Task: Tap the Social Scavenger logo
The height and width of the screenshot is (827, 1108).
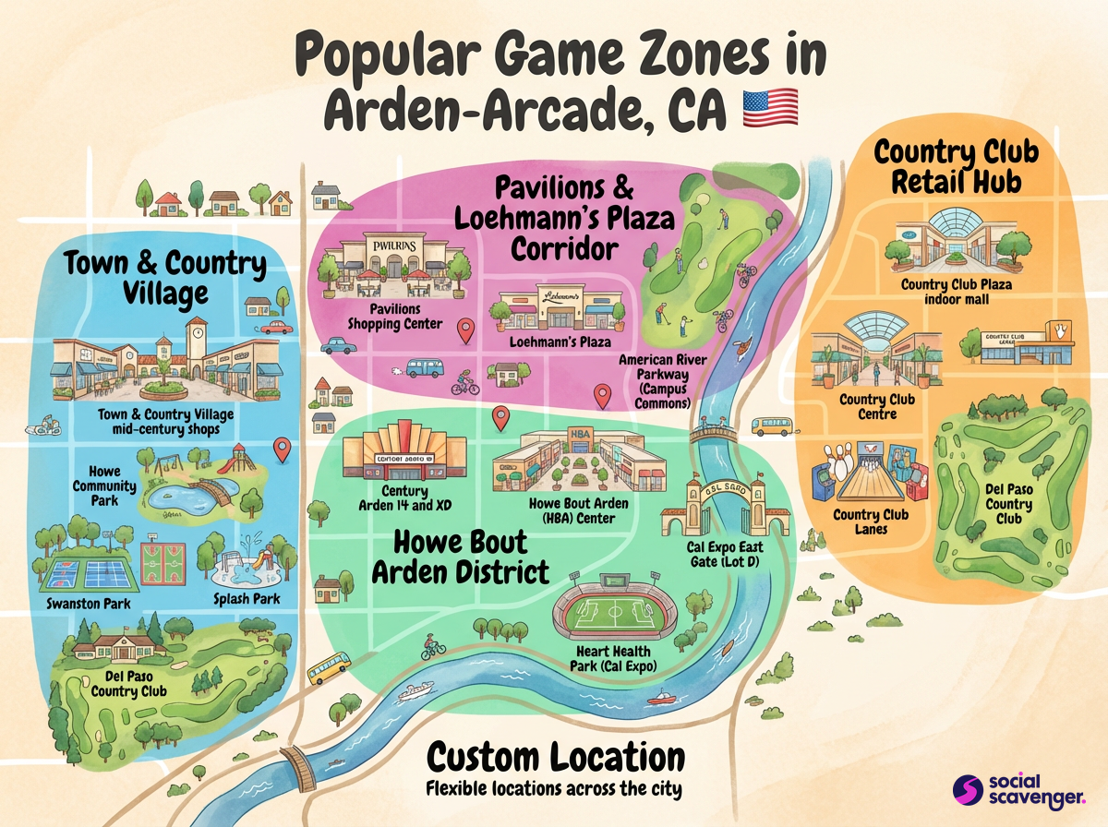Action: (x=1018, y=790)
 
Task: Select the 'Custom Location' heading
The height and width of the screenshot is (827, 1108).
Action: (x=556, y=758)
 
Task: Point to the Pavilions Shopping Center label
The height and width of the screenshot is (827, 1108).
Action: (x=394, y=316)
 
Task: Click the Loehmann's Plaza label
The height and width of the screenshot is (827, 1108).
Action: (x=560, y=342)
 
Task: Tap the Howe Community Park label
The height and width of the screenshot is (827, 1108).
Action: (x=112, y=485)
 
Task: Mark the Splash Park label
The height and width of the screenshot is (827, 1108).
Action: (x=247, y=599)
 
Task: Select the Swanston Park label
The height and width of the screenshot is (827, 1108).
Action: (x=88, y=604)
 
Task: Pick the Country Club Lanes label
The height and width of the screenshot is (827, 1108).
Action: (x=870, y=521)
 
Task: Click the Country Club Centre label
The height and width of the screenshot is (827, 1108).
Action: (x=876, y=407)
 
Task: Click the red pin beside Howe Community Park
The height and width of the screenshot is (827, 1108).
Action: (x=283, y=449)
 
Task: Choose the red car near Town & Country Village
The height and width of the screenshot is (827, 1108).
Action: (x=276, y=327)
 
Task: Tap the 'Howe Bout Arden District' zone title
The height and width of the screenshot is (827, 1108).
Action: (x=460, y=557)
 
